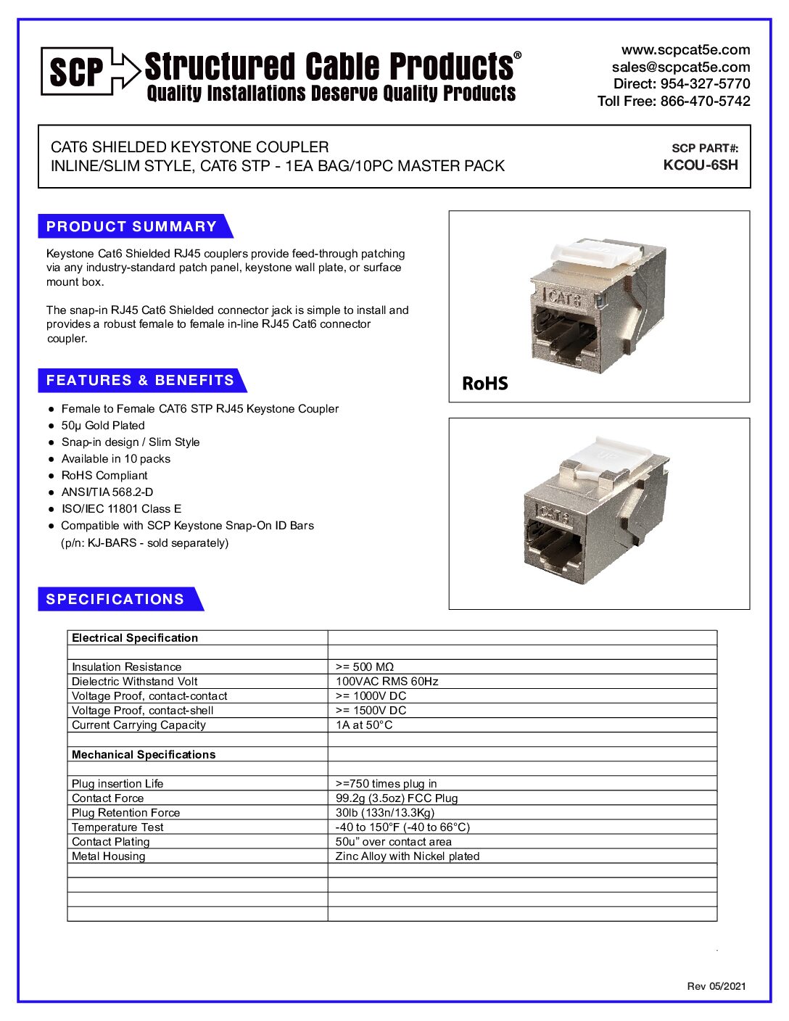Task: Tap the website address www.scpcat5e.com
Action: (x=685, y=50)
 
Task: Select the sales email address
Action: (x=680, y=67)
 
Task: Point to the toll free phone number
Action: (x=674, y=101)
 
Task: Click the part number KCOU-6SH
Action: (x=701, y=165)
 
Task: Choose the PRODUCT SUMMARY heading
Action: (x=132, y=226)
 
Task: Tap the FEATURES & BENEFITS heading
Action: (x=140, y=380)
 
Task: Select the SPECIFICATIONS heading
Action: (x=115, y=599)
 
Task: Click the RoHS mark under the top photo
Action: (x=485, y=383)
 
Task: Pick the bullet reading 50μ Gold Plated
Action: (x=103, y=426)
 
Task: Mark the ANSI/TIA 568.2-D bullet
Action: (x=107, y=492)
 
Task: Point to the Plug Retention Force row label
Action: (x=125, y=813)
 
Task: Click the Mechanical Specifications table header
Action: (x=144, y=754)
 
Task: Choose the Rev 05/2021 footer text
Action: (x=716, y=985)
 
